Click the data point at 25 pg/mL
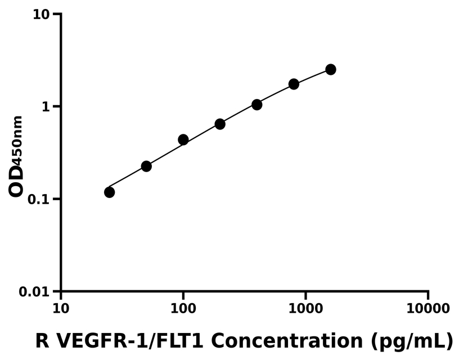[109, 192]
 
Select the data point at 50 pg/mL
[146, 166]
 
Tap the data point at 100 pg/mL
[183, 139]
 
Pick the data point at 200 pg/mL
[220, 124]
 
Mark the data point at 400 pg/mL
[257, 105]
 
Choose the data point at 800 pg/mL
[294, 84]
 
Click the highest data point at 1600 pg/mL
[331, 69]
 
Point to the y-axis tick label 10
[42, 14]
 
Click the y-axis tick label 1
[47, 107]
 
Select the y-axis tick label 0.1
[39, 199]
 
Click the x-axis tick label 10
[61, 308]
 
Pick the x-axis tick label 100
[183, 308]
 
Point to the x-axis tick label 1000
[305, 308]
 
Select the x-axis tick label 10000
[428, 308]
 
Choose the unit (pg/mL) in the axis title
[411, 341]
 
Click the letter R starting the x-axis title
[42, 340]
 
